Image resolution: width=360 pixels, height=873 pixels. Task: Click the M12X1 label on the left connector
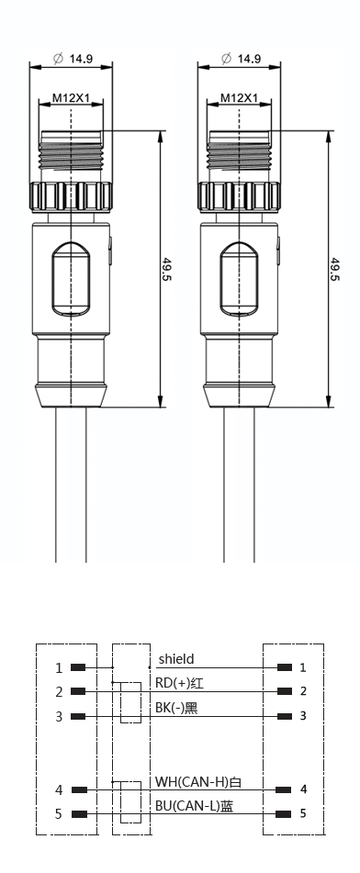[x=71, y=98]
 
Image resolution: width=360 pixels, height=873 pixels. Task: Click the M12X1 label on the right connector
[x=239, y=98]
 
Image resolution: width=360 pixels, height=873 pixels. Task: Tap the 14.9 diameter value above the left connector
[x=82, y=59]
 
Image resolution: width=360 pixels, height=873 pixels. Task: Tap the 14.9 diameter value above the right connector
[x=250, y=59]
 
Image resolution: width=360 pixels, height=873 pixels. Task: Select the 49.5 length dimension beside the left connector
[x=166, y=269]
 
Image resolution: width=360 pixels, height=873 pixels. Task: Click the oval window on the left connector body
[x=71, y=278]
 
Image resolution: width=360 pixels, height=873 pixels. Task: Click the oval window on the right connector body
[x=239, y=278]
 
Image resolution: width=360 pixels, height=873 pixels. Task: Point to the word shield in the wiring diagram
[x=176, y=659]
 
